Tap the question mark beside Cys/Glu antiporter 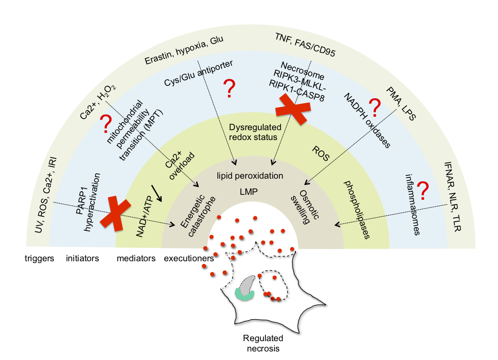coord(229,89)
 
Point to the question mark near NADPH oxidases coord(375,108)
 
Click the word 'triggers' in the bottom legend coord(40,259)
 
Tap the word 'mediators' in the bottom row coord(136,259)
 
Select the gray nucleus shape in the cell coord(247,284)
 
